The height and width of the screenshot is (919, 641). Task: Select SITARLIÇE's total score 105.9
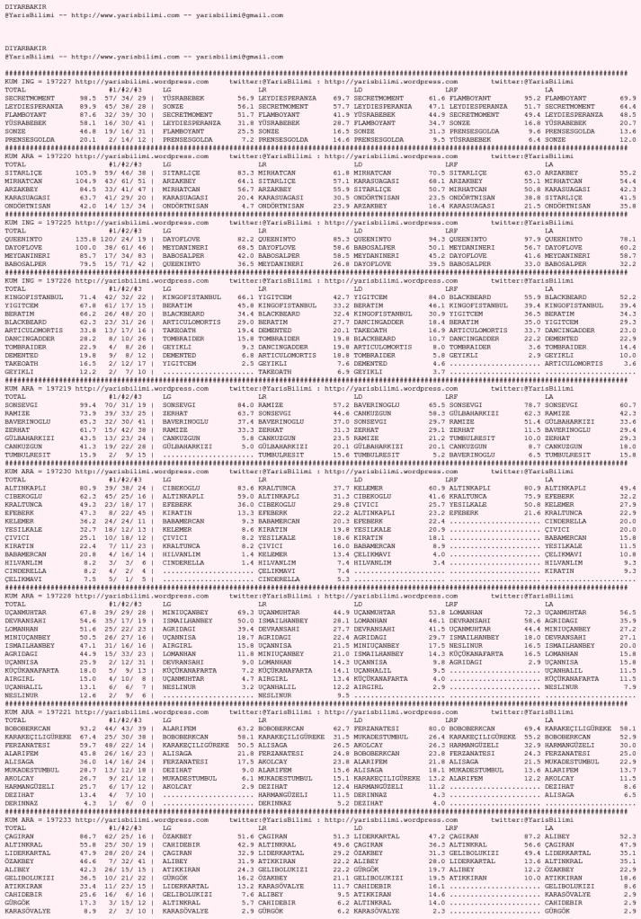point(86,170)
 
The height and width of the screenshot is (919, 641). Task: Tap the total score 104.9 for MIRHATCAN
point(86,176)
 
